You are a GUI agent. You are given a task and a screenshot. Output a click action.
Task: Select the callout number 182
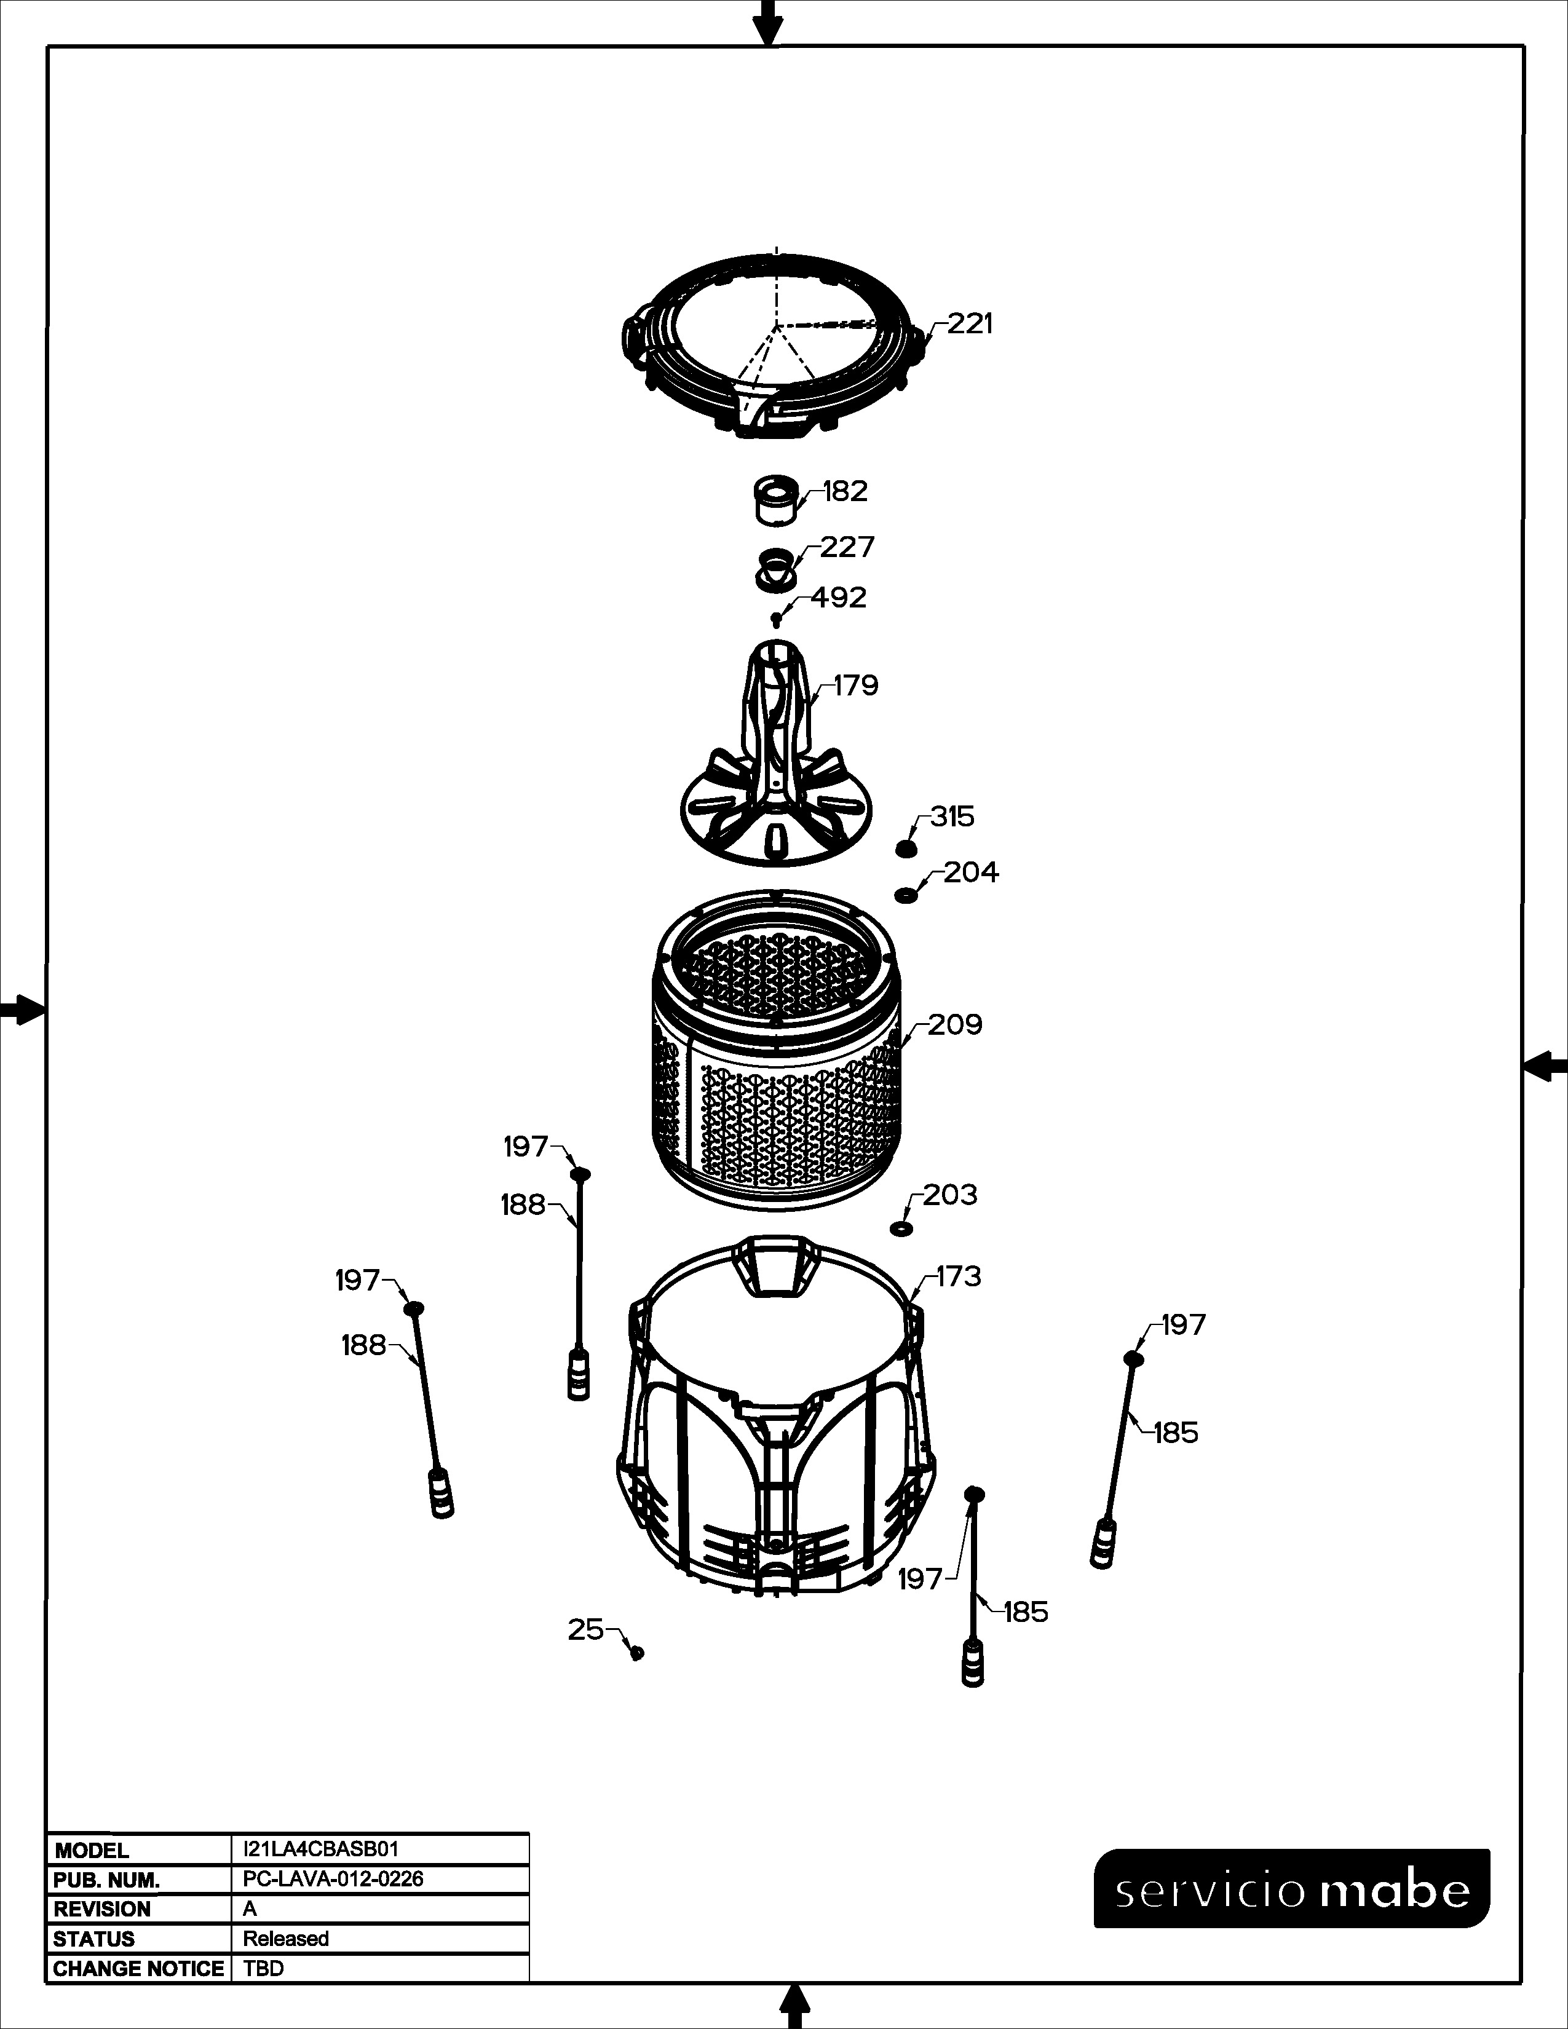coord(844,491)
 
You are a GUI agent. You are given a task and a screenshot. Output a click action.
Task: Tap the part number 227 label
coord(846,547)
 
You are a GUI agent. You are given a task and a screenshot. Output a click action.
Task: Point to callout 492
coord(838,598)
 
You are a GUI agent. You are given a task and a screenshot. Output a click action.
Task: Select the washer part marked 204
coord(905,895)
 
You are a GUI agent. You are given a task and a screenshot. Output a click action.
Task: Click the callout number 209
coord(955,1025)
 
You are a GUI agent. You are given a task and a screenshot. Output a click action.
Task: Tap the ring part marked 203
coord(900,1229)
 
